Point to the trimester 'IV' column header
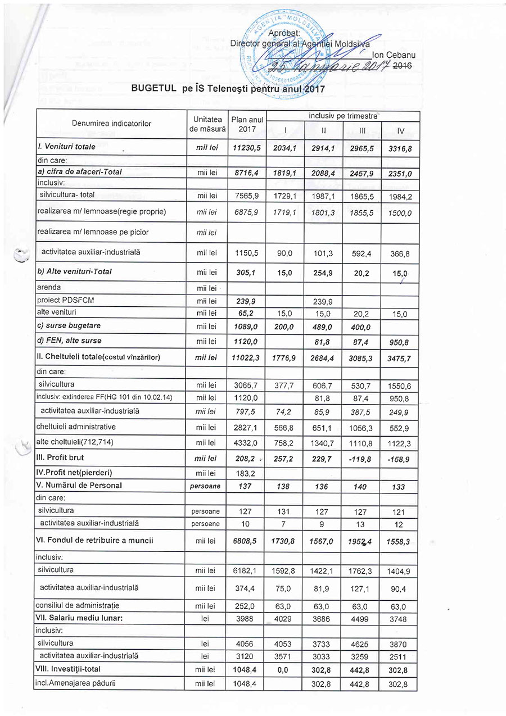click(400, 131)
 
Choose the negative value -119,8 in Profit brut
click(360, 459)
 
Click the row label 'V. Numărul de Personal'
click(79, 485)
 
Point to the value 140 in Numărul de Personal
click(360, 486)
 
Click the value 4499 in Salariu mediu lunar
click(360, 619)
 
